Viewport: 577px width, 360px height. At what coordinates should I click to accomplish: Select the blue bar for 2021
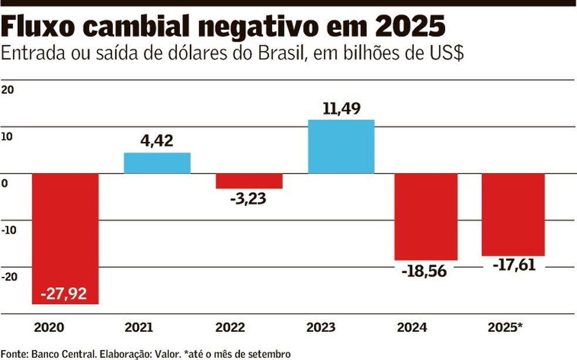[157, 163]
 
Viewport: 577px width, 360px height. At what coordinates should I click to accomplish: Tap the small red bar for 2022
[249, 181]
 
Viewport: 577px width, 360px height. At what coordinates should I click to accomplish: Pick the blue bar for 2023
[341, 147]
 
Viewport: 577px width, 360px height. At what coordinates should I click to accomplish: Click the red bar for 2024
[426, 216]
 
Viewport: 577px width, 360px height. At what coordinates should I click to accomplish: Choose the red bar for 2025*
[513, 215]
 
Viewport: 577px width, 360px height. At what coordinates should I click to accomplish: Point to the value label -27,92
[65, 293]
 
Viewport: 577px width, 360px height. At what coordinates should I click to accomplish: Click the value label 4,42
[157, 141]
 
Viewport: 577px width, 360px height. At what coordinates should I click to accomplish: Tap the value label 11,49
[341, 108]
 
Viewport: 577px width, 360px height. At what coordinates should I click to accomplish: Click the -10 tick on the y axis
[9, 230]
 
